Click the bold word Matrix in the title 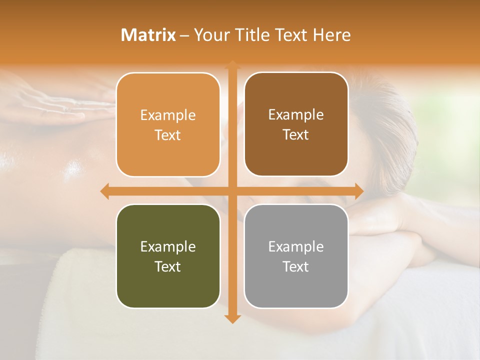(148, 35)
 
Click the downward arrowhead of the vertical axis (232, 318)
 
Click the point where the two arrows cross (232, 191)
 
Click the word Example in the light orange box (168, 115)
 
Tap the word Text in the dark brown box (296, 135)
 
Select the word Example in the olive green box (168, 246)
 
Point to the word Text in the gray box (296, 266)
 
